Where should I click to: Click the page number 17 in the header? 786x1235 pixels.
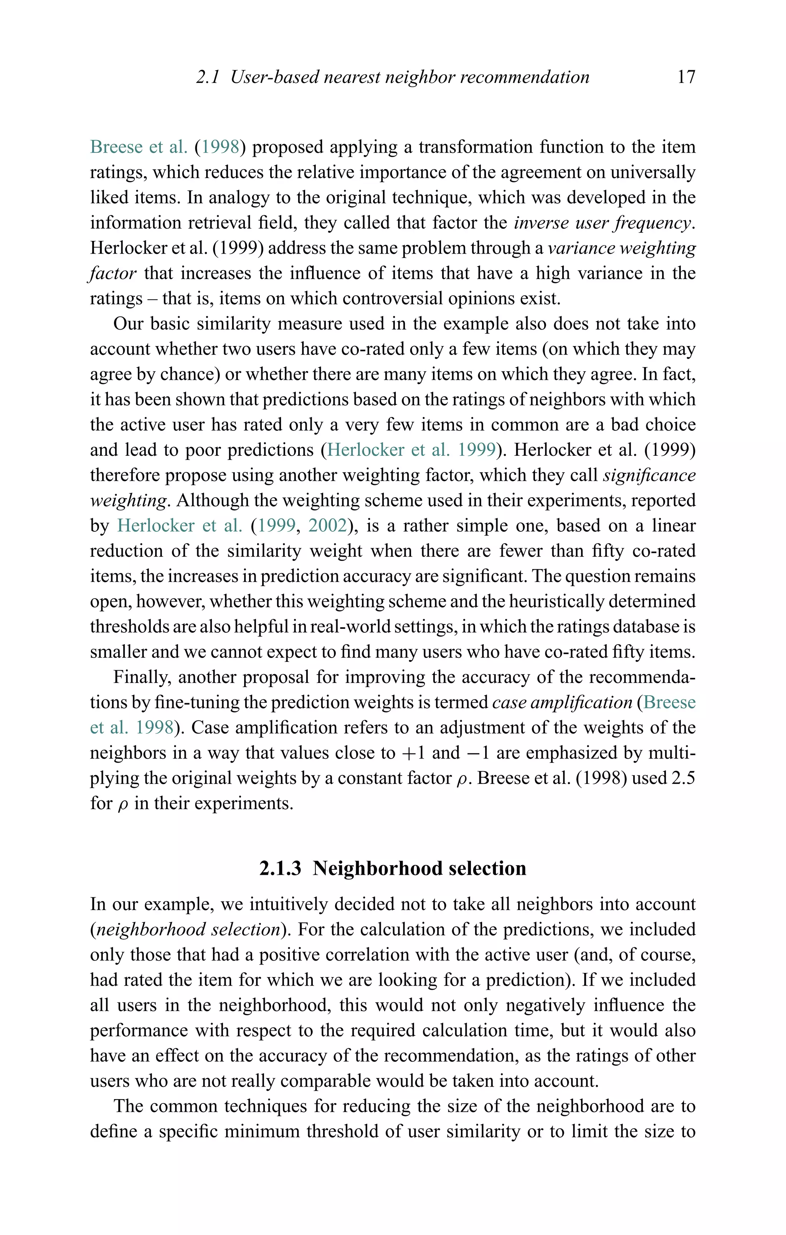tap(685, 77)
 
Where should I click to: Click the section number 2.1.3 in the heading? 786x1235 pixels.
tap(280, 868)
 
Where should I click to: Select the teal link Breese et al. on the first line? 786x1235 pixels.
tap(139, 147)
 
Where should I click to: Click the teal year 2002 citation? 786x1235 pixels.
tap(327, 526)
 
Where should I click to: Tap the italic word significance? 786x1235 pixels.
tap(649, 475)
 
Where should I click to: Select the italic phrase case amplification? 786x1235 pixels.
tap(562, 702)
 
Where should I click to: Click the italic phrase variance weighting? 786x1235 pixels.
tap(621, 248)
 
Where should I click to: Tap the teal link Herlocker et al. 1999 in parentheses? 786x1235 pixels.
tap(411, 450)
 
